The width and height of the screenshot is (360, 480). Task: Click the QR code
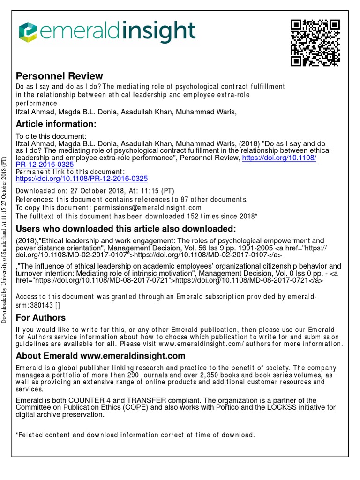point(315,43)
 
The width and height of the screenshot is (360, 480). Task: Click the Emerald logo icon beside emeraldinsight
point(27,31)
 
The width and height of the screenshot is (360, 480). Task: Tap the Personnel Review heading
point(60,76)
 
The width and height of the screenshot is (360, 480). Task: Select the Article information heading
point(56,124)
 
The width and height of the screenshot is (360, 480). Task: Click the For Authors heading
point(41,317)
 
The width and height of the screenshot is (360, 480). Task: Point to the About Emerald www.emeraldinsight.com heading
point(100,356)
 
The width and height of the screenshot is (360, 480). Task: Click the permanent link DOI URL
point(82,179)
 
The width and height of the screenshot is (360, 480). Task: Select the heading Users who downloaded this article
point(126,229)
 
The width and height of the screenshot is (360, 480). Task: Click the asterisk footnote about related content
point(135,435)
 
